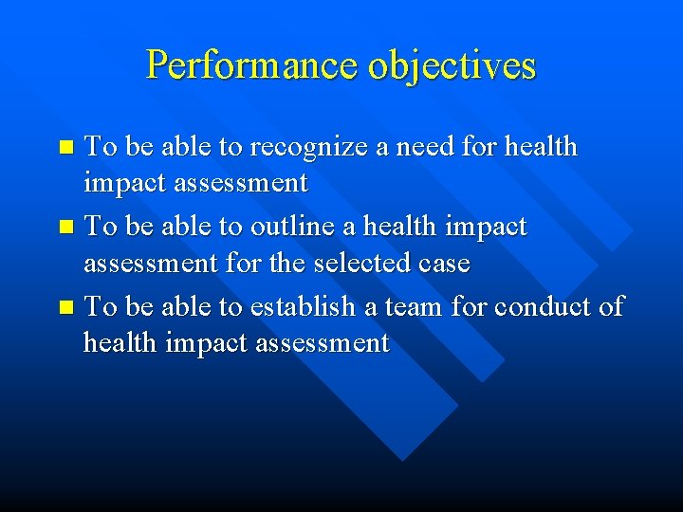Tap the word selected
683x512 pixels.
tap(361, 262)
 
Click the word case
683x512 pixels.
tap(442, 262)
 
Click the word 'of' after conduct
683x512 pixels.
tap(612, 307)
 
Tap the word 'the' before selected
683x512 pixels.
tap(286, 262)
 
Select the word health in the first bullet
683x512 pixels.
tap(541, 147)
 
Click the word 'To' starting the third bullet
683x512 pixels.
tap(100, 307)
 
